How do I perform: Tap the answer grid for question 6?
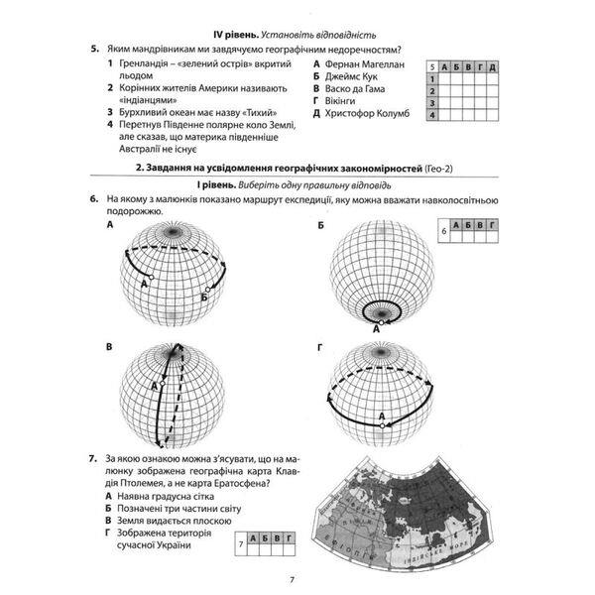tap(471, 232)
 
